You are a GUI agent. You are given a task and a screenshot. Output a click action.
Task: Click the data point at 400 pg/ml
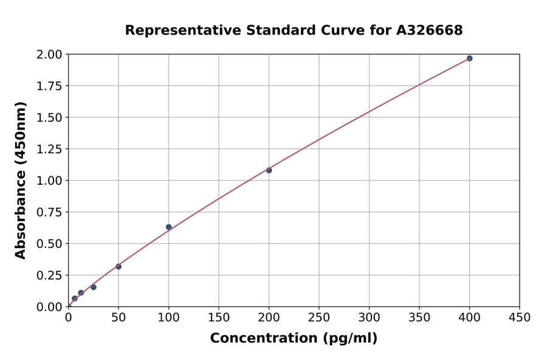[469, 58]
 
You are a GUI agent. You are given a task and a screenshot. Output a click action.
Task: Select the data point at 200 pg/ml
[269, 170]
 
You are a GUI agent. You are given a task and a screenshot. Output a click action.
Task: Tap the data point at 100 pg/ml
[168, 227]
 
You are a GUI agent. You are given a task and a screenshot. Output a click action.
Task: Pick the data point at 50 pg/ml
[119, 267]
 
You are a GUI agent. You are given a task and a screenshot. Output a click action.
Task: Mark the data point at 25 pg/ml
[94, 287]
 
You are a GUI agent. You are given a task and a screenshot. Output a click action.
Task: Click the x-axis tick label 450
[520, 318]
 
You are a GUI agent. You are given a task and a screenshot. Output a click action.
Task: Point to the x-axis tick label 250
[319, 318]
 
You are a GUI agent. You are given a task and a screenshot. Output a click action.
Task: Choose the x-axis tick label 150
[219, 318]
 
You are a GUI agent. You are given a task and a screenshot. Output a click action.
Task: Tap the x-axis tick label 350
[419, 318]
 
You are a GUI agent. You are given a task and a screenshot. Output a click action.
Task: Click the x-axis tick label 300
[369, 318]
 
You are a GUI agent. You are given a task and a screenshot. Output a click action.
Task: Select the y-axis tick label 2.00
[50, 55]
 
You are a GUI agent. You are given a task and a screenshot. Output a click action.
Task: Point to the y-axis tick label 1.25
[50, 150]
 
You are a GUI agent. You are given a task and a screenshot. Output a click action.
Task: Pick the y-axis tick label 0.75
[50, 212]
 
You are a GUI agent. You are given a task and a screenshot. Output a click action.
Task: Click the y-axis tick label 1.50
[50, 118]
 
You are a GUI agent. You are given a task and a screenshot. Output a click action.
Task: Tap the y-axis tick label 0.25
[50, 275]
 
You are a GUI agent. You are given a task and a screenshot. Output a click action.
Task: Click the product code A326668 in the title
[429, 30]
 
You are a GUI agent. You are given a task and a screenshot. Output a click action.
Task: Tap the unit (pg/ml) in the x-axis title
[350, 339]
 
